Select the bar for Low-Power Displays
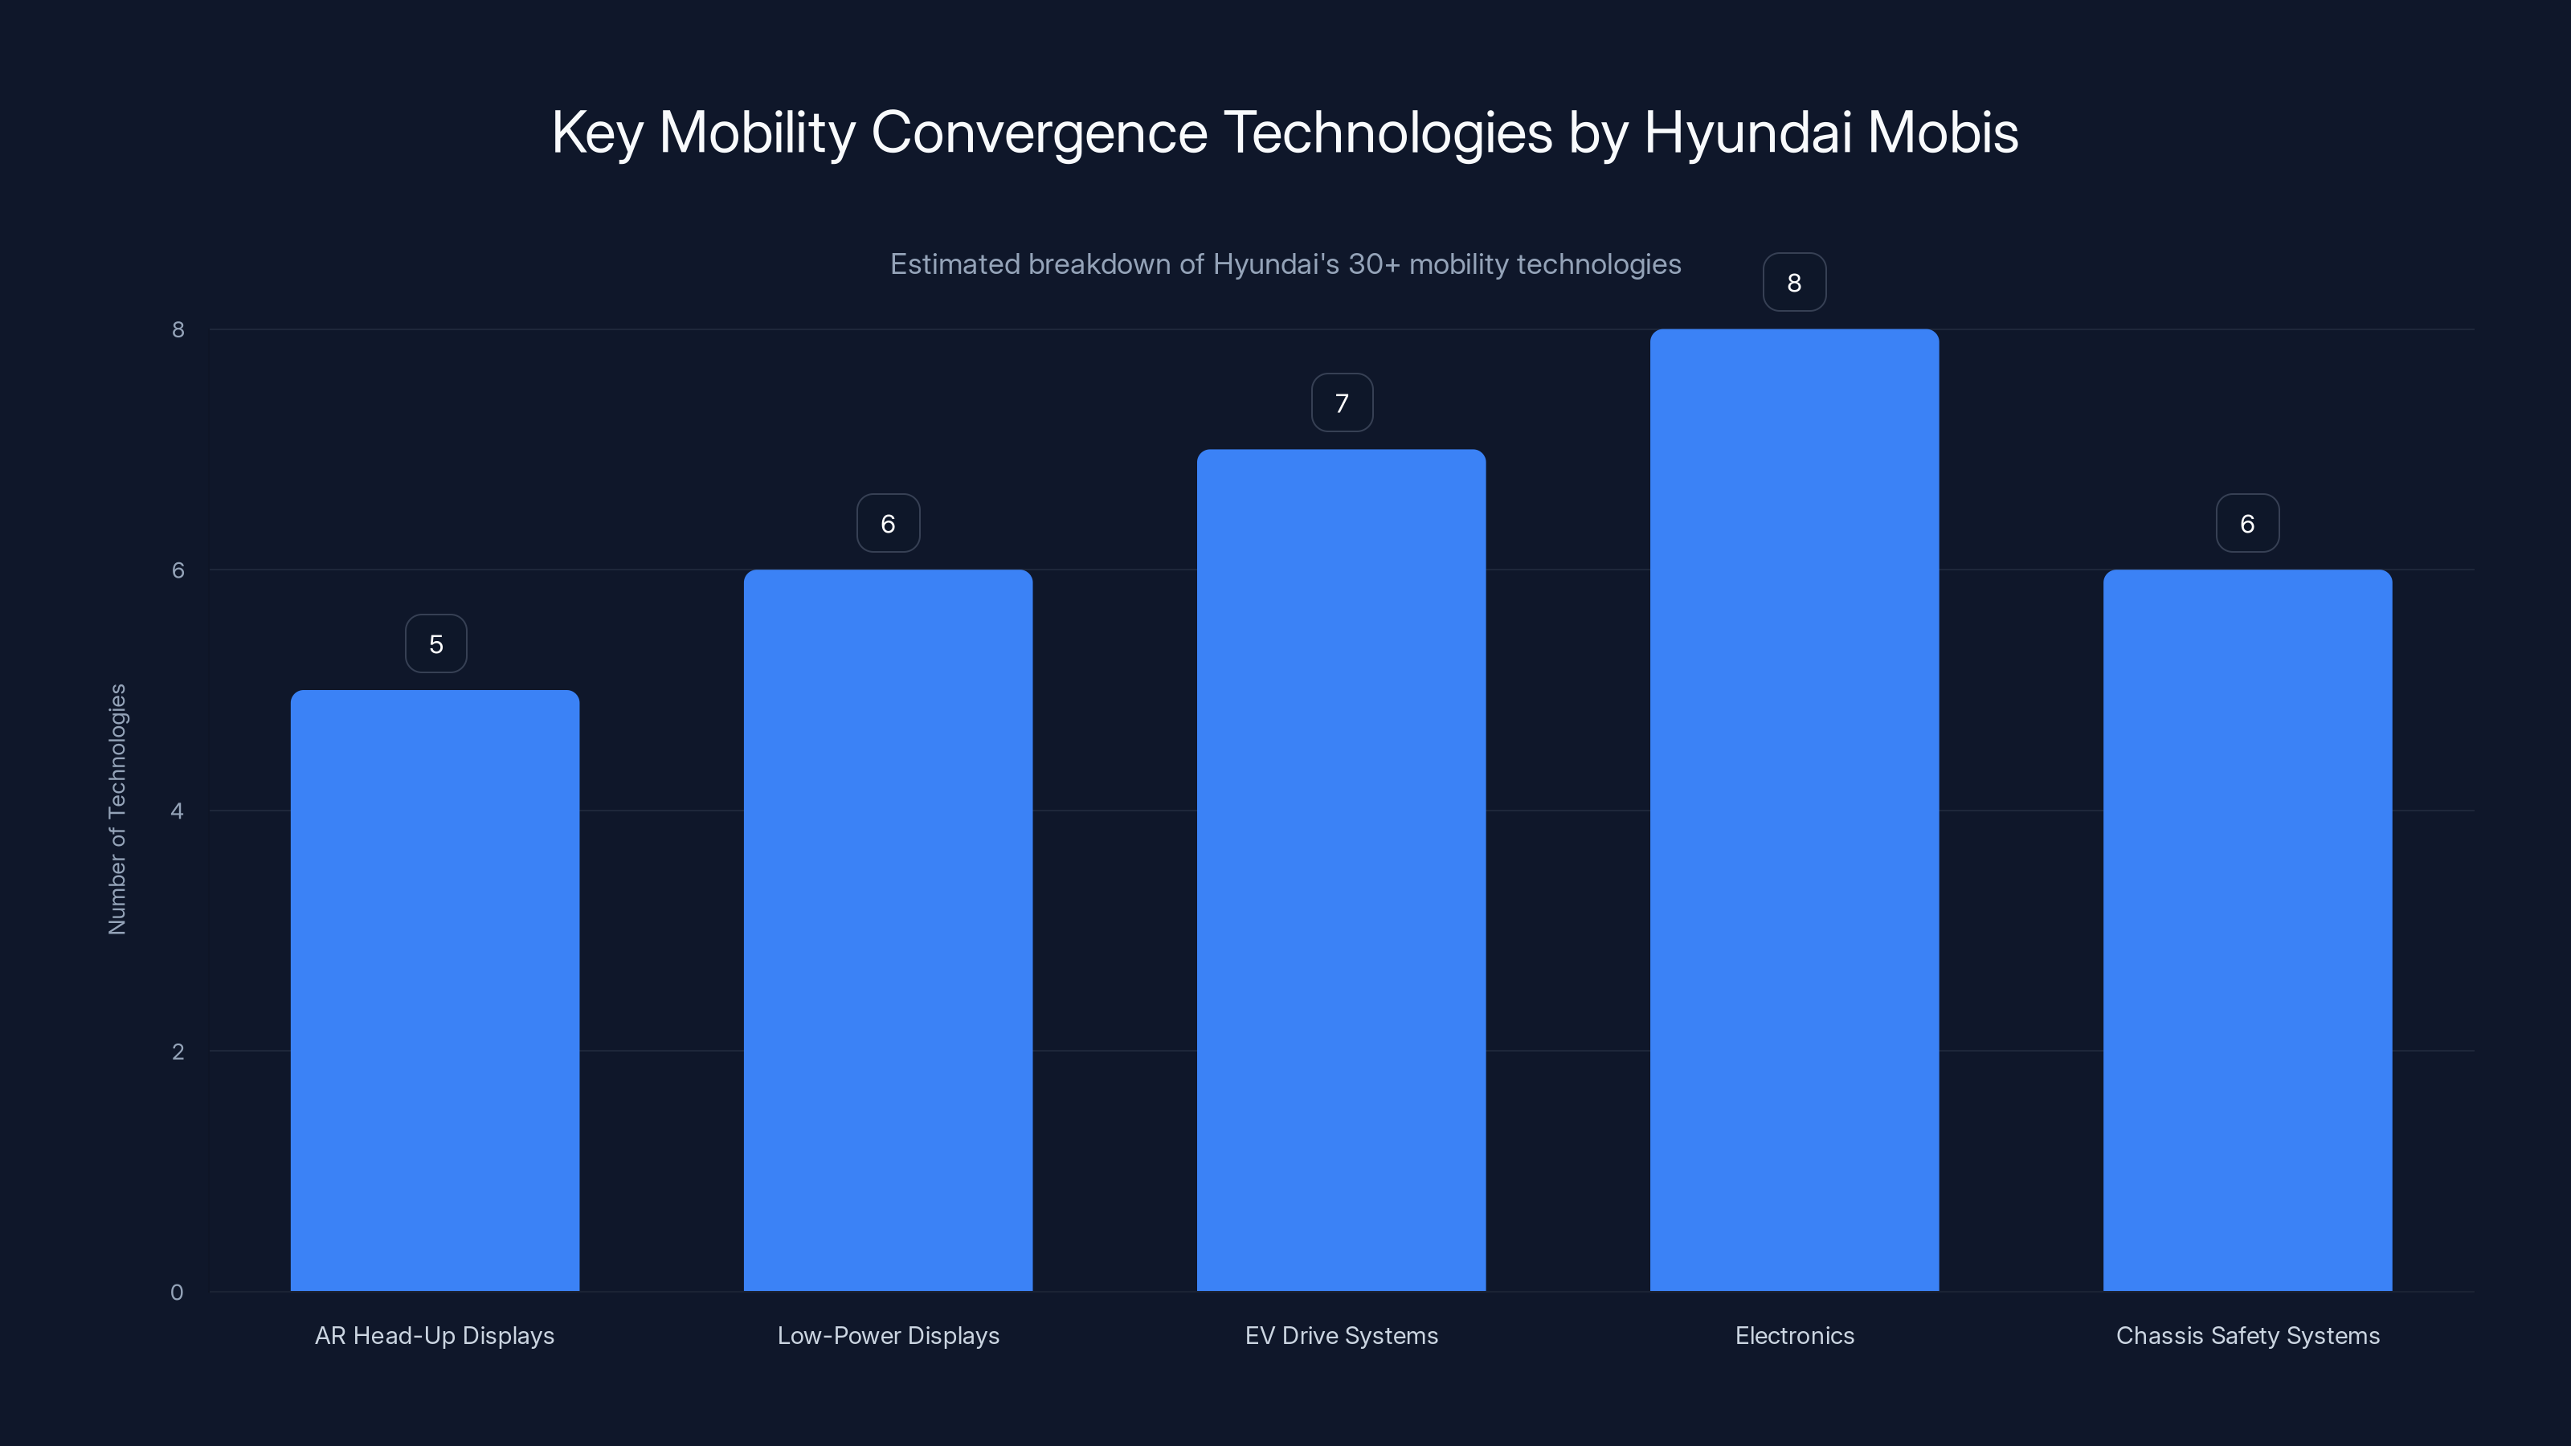pos(887,930)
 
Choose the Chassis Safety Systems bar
pos(2246,930)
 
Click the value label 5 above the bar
pos(436,644)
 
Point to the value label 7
pos(1342,403)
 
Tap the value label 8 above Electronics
pos(1793,284)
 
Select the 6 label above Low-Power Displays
pos(887,524)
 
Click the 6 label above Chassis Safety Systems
pos(2246,524)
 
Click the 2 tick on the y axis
pos(178,1052)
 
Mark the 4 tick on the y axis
pos(178,811)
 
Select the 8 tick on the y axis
pos(178,330)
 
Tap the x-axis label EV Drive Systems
pos(1342,1335)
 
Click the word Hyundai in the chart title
pos(1747,133)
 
